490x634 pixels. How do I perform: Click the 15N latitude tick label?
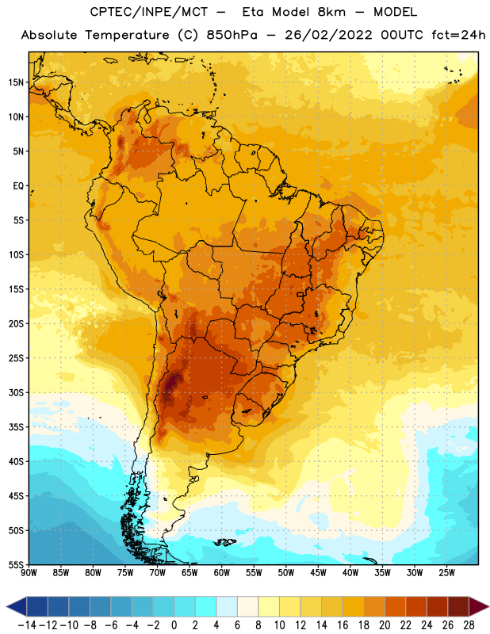click(x=16, y=82)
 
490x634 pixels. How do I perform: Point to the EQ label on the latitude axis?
click(x=18, y=186)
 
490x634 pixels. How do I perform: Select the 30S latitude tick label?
click(x=16, y=392)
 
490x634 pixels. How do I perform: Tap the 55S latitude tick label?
click(x=16, y=564)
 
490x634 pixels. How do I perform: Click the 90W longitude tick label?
click(x=29, y=572)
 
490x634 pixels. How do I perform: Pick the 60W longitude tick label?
click(x=222, y=572)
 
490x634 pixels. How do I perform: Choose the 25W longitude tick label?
click(x=446, y=572)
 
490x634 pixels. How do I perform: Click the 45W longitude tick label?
click(x=318, y=572)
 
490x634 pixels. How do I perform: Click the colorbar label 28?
click(x=469, y=625)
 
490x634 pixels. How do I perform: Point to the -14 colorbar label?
click(x=27, y=625)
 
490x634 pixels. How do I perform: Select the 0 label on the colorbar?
click(x=174, y=625)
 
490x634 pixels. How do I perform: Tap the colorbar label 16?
click(x=343, y=625)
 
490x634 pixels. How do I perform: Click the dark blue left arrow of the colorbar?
click(x=17, y=606)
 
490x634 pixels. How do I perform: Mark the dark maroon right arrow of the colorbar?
click(x=479, y=606)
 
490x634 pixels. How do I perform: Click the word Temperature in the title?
click(x=127, y=36)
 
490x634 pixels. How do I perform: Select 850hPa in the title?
click(x=232, y=35)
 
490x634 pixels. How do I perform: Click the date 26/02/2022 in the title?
click(x=328, y=35)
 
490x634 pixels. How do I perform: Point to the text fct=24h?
click(x=458, y=35)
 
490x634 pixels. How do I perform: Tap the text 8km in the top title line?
click(x=331, y=12)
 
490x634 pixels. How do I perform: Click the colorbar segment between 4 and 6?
click(x=227, y=606)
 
